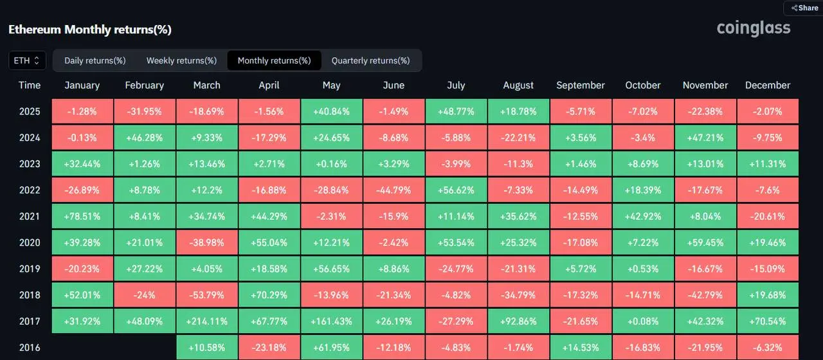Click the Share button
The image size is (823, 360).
pos(804,8)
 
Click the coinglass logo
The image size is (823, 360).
pos(754,28)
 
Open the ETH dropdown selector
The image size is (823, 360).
pos(27,60)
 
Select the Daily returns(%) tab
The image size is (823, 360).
pos(95,60)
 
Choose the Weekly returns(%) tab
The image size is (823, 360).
pos(181,60)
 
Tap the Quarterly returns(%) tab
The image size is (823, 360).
pos(370,60)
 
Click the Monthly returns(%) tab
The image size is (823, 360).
pos(274,60)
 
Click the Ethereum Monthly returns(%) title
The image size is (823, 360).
pos(89,30)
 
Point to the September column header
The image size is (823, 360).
pos(581,85)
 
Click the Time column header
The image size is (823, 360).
pos(30,85)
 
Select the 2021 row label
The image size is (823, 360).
pos(30,217)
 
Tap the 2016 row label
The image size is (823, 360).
pos(30,348)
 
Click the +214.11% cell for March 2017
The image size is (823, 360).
pos(207,321)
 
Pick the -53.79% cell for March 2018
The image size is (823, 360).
pos(207,295)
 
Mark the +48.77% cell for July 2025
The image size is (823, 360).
pos(456,111)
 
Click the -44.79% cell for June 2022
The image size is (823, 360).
pos(393,190)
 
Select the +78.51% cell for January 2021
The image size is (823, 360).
pos(82,217)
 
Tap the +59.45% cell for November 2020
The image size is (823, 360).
pos(705,243)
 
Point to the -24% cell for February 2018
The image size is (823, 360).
pos(145,295)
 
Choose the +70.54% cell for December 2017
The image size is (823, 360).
pos(768,321)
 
